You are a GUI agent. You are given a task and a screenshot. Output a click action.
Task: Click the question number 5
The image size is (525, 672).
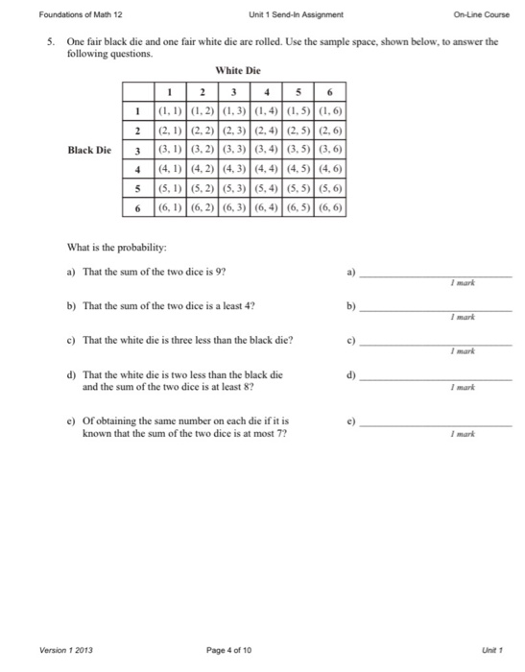tap(47, 42)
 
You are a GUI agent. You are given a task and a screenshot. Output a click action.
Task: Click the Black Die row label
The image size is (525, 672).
tap(89, 150)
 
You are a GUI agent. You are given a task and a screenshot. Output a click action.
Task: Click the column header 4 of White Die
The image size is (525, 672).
tap(266, 92)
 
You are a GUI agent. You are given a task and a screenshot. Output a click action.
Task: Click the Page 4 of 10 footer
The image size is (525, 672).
tap(228, 650)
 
